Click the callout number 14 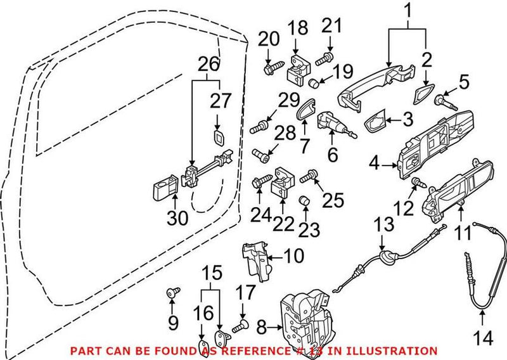[x=484, y=338]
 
